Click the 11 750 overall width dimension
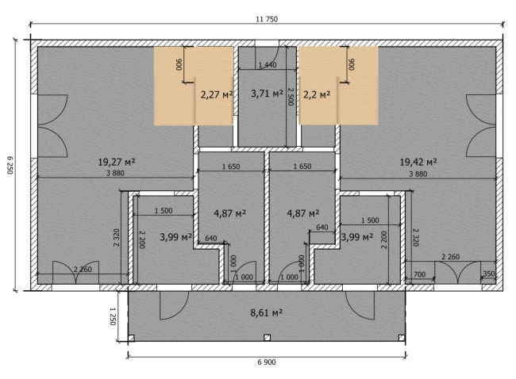(267, 19)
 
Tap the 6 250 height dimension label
(10, 165)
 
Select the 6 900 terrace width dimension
(267, 362)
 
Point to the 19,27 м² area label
(117, 162)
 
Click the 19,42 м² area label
(418, 162)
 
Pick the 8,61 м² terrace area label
(267, 312)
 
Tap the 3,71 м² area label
(267, 94)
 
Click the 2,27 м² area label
(217, 95)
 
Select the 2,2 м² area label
(317, 95)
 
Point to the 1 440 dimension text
(268, 65)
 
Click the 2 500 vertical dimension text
(291, 96)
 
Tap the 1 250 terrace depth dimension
(113, 316)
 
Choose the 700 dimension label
(419, 274)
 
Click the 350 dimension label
(489, 274)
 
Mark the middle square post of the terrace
(267, 338)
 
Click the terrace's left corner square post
(131, 338)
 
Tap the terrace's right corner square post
(402, 338)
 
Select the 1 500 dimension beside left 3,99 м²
(164, 211)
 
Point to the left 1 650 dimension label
(231, 167)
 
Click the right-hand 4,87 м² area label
(303, 213)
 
